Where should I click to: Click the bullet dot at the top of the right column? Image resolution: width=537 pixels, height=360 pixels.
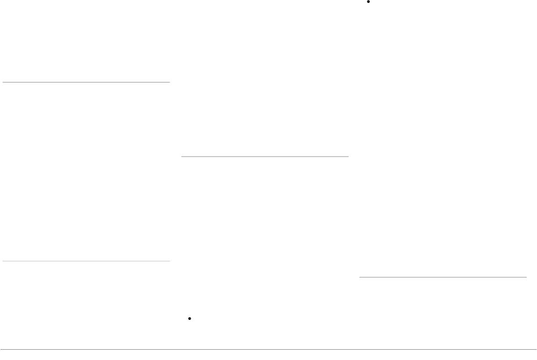369,2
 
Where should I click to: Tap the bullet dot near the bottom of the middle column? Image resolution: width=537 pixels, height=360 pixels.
190,318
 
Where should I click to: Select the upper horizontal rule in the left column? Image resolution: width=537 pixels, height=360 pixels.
86,82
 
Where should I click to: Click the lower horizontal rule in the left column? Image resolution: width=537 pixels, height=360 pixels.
86,261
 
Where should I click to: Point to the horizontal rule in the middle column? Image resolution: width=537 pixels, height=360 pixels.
265,156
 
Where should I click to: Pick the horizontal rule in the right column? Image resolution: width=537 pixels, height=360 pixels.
443,277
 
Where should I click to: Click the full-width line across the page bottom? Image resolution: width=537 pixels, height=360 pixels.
268,349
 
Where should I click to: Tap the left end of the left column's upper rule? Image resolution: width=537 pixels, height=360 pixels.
3,82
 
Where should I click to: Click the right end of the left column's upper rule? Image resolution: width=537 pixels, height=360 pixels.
169,82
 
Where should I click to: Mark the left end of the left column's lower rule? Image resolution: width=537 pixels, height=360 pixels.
3,261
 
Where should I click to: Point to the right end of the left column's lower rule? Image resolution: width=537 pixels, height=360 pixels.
169,261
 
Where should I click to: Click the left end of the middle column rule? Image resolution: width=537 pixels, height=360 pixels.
182,156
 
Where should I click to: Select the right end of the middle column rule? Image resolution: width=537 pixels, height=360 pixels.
348,156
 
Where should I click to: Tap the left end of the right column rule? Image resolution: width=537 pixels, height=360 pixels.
360,277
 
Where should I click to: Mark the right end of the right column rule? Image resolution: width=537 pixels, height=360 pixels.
526,277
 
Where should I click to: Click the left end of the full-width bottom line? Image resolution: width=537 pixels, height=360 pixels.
1,349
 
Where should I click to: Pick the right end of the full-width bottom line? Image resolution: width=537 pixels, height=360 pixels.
536,349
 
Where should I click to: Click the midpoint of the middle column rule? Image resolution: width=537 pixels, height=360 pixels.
265,156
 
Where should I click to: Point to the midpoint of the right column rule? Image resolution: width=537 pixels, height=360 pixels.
443,277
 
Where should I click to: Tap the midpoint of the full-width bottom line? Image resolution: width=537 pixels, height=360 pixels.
268,349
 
